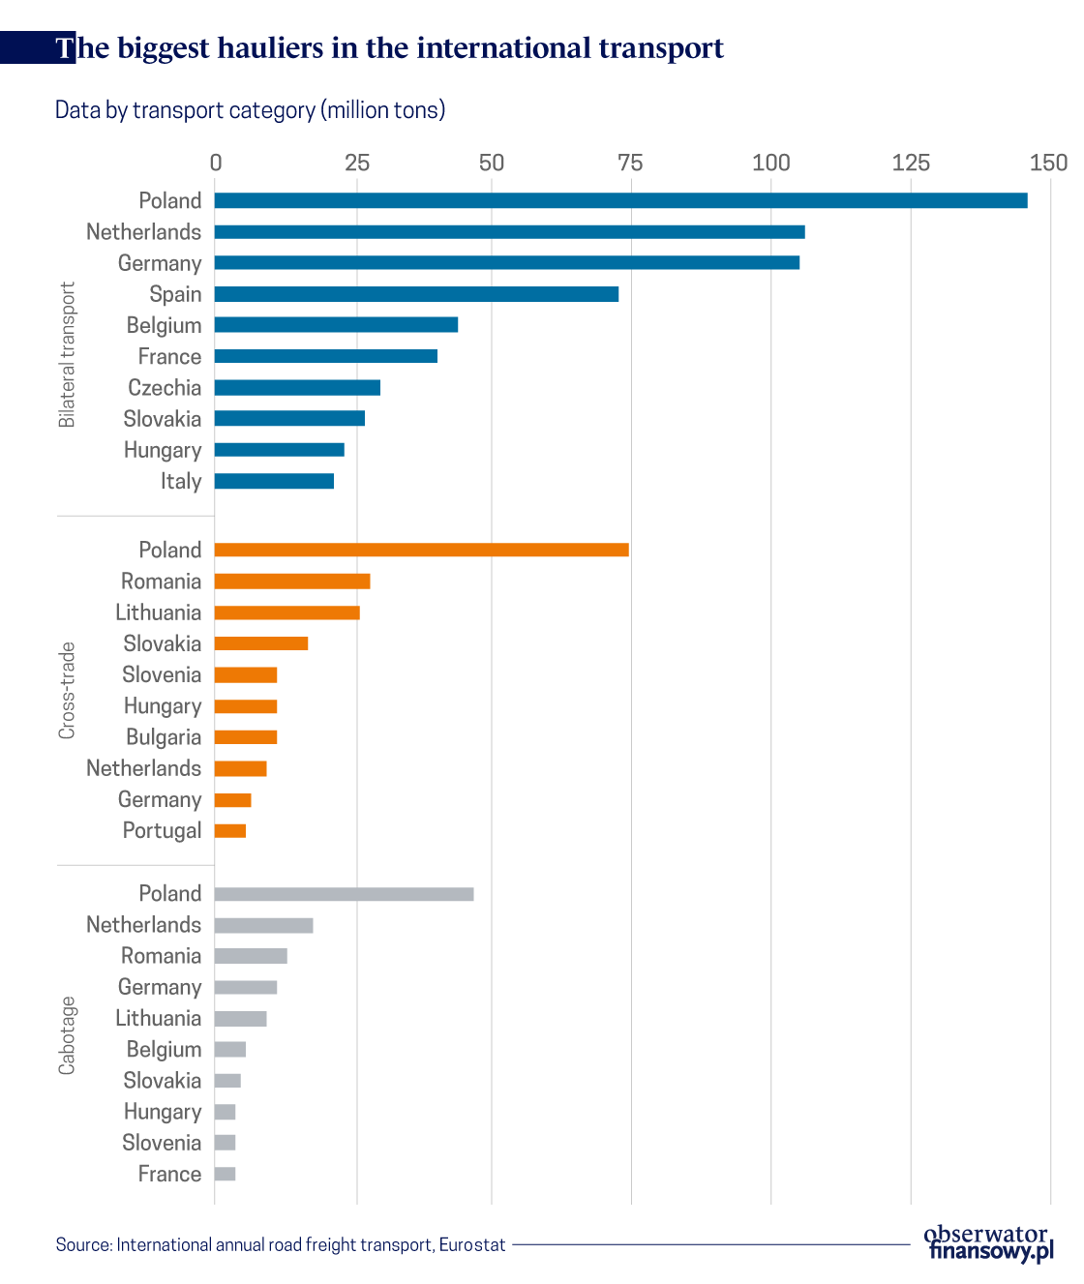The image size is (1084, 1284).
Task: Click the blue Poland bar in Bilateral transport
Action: [620, 200]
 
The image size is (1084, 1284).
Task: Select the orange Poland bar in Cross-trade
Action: [421, 550]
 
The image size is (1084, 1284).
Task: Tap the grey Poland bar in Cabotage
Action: [344, 894]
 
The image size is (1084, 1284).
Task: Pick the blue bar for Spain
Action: [416, 294]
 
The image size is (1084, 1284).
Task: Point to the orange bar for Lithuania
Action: [286, 612]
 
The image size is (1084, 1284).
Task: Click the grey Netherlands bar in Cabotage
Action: [263, 925]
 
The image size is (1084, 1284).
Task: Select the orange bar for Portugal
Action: [230, 830]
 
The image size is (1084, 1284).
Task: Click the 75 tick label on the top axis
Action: [630, 163]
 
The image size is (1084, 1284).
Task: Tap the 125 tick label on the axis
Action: [910, 163]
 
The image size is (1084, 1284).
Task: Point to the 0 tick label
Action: [216, 163]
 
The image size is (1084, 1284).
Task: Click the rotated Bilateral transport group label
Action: [67, 354]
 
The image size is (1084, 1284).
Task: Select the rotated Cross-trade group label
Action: [67, 690]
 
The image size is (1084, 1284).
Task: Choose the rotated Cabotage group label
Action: [67, 1034]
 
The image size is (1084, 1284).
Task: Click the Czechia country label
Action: [165, 388]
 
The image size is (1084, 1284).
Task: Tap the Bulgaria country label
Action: [164, 737]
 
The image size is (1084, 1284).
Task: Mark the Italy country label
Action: [181, 481]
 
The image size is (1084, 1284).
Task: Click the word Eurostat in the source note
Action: [471, 1244]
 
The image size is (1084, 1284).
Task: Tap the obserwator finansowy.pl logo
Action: [987, 1243]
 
